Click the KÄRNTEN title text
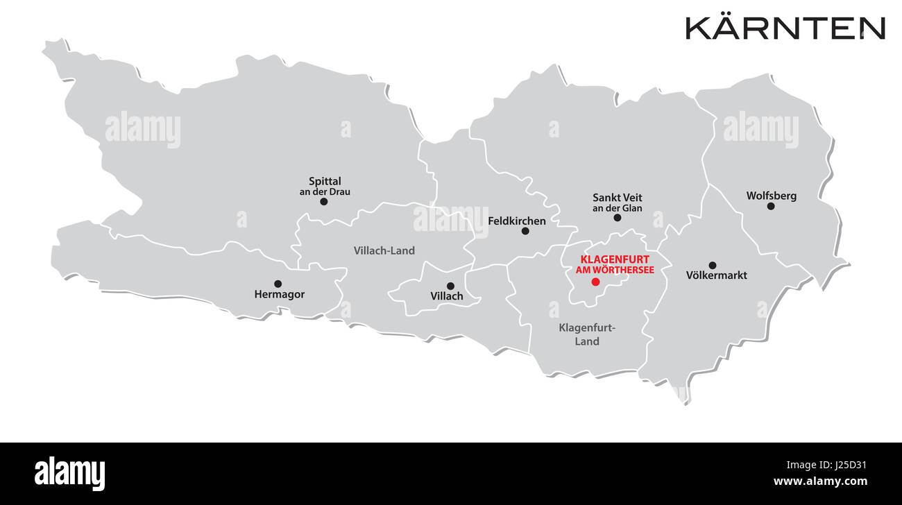785,28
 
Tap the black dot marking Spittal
323,202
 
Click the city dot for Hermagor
278,284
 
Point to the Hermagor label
280,295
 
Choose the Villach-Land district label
384,250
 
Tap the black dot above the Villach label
450,286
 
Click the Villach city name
447,297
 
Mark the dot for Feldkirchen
525,231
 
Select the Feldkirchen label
517,221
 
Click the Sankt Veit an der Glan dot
618,218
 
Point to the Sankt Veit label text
618,202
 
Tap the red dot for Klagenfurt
595,282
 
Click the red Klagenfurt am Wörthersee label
615,264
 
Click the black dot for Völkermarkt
712,265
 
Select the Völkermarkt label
717,275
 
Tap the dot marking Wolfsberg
771,206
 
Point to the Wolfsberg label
772,196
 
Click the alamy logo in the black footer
69,474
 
